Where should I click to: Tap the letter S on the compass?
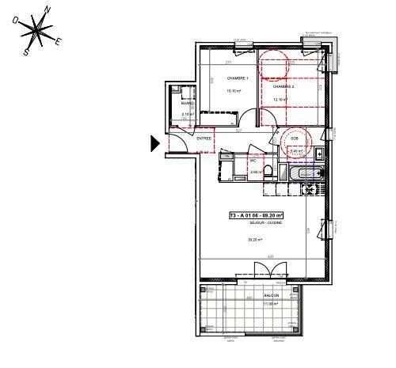pos(25,53)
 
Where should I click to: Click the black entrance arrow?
pos(155,142)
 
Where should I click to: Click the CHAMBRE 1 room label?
pos(238,78)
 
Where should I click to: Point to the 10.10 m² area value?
pos(235,91)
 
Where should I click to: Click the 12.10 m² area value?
pos(281,99)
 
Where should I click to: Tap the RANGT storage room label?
pos(187,104)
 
